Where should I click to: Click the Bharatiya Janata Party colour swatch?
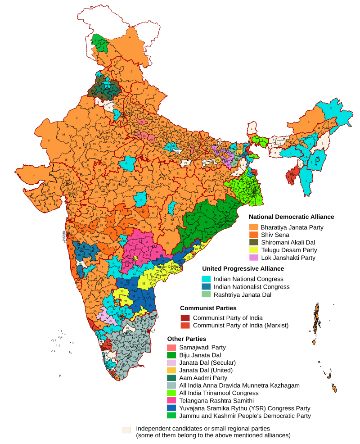pos(253,227)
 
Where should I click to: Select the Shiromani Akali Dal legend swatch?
pos(253,243)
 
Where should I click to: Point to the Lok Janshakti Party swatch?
pos(253,258)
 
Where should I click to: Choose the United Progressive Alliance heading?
pos(243,269)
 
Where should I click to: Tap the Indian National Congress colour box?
pos(207,279)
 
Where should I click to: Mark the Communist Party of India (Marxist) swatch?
pos(184,326)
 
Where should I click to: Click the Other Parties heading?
pos(186,338)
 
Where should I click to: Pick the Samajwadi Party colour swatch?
pos(171,348)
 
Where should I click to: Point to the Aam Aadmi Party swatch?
pos(171,378)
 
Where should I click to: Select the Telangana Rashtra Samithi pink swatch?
pos(171,401)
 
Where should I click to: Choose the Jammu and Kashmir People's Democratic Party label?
pos(245,416)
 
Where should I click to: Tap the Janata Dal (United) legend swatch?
pos(171,370)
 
